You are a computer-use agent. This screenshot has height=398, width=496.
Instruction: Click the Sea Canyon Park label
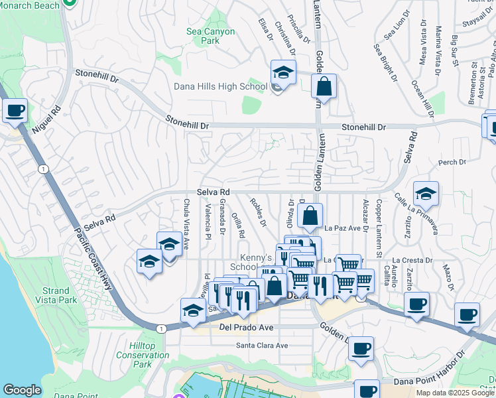coord(210,36)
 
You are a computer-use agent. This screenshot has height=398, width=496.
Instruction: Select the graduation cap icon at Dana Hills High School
coord(282,73)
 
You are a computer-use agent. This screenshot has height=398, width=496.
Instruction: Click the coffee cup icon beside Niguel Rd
coord(15,111)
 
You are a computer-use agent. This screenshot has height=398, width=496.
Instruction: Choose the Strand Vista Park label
coord(56,296)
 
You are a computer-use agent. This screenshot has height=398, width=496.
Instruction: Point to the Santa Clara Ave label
coord(263,346)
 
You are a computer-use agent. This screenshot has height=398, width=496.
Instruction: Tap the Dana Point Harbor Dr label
coord(433,381)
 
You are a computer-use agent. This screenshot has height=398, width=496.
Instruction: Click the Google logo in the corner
coord(22,390)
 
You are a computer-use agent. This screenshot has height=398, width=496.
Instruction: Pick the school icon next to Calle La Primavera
coord(426,194)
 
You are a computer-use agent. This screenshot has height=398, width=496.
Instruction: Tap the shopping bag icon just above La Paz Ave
coord(310,216)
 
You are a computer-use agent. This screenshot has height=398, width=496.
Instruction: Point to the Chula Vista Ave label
coord(186,224)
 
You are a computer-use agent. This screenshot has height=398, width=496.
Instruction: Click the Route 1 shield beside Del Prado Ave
coord(161,328)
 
